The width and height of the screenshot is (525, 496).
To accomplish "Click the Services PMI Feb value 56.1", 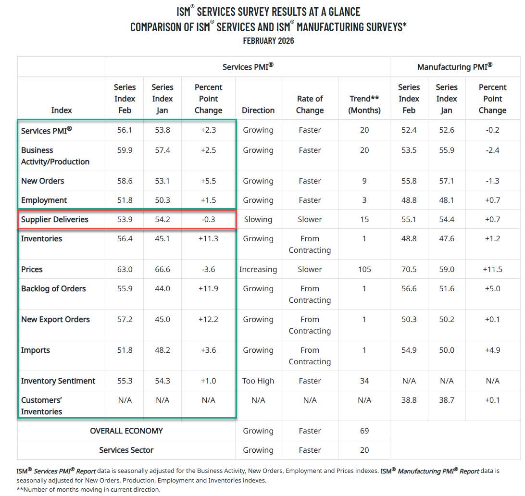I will (x=125, y=130).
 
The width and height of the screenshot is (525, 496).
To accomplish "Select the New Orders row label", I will (x=42, y=181).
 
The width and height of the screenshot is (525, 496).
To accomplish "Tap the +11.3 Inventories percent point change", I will (x=208, y=238).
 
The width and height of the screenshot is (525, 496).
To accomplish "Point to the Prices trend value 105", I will (x=364, y=269).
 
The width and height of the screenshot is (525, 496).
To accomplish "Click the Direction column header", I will (x=258, y=110).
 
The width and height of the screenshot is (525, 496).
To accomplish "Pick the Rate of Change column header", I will (x=310, y=104).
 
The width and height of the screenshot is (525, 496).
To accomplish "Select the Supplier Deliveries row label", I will (x=55, y=219).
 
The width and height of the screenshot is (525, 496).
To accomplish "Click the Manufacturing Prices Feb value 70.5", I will (x=409, y=269).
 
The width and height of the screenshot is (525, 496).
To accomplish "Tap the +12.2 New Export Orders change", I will (x=208, y=319).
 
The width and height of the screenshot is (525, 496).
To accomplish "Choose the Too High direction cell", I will (x=258, y=381).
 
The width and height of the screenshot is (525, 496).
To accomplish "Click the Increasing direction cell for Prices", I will (x=258, y=269).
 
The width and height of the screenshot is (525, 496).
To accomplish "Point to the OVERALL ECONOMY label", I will (x=126, y=431).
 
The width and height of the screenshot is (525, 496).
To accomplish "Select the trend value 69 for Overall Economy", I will (x=364, y=431).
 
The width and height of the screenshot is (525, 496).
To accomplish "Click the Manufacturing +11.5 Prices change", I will (x=492, y=269).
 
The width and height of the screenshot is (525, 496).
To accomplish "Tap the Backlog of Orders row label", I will (x=53, y=288).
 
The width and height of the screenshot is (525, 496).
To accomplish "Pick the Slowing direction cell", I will (x=258, y=219).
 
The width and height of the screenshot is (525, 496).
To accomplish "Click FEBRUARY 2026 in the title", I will (x=268, y=41).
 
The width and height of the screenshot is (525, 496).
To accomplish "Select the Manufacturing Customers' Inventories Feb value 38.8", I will (x=409, y=400).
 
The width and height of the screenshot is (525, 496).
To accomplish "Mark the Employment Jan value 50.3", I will (x=162, y=200).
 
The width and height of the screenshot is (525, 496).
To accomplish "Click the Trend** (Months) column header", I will (x=365, y=104).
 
